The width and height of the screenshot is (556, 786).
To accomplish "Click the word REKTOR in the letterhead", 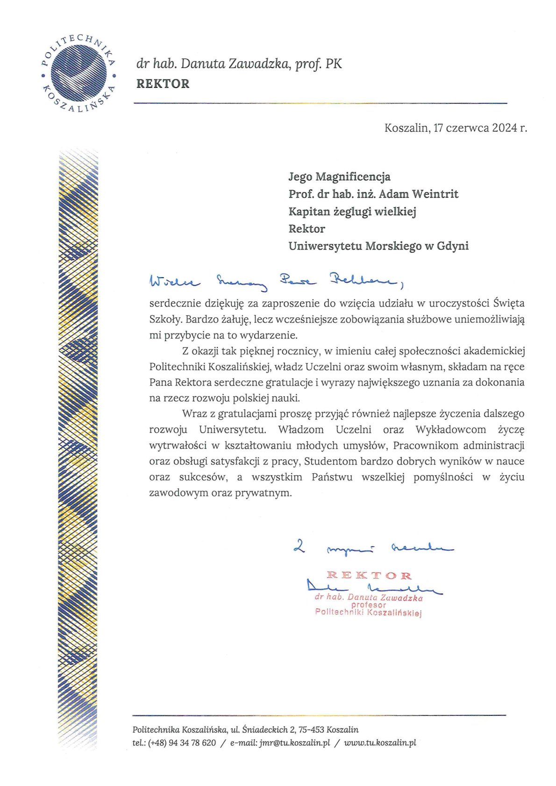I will (x=163, y=84).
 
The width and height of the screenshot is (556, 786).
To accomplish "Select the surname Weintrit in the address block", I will (x=436, y=194).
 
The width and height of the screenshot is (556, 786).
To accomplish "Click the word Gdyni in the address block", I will (x=452, y=246).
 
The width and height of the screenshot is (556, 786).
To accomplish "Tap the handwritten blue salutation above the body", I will (x=276, y=280).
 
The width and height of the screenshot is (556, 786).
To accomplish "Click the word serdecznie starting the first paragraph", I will (x=175, y=303).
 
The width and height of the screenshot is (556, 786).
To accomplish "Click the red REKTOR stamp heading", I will (x=369, y=575).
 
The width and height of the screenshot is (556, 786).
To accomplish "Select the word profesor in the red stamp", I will (x=369, y=605).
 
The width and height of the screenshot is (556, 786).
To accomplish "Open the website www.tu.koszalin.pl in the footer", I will (x=380, y=743).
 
